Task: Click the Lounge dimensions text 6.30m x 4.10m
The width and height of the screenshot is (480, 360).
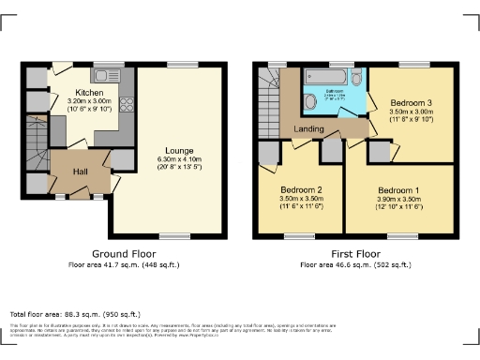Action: pos(178,158)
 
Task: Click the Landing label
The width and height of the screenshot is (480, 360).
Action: pos(308,128)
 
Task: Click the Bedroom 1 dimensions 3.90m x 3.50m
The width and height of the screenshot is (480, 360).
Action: pos(398,199)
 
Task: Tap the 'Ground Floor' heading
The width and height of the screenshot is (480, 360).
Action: pos(124,254)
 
